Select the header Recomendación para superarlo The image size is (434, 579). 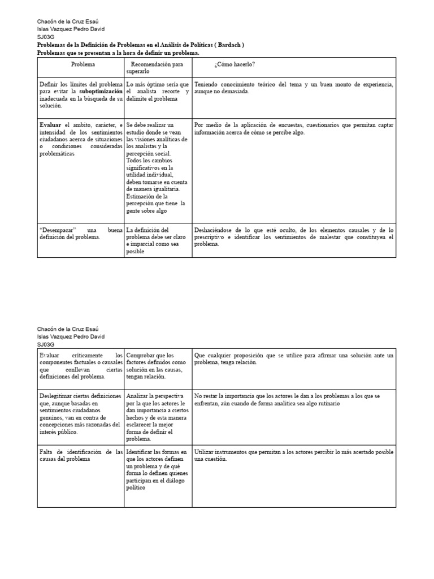tap(157, 68)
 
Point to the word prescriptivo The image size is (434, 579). tap(214, 237)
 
